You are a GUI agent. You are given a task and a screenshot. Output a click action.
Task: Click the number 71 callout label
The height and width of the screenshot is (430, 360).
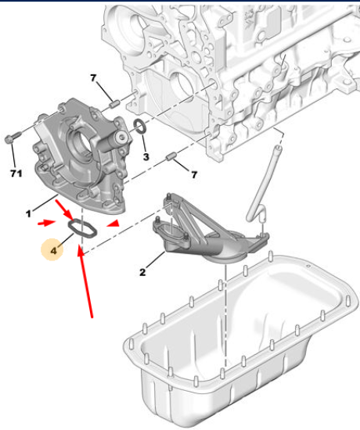(16, 173)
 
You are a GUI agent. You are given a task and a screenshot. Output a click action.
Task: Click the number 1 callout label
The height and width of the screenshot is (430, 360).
(28, 213)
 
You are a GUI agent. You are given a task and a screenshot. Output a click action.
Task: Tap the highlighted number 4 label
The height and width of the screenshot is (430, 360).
(54, 250)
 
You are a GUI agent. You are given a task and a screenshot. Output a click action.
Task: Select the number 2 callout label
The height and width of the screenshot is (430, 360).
(142, 272)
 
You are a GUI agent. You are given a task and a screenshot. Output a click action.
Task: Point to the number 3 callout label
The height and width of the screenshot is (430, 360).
(146, 156)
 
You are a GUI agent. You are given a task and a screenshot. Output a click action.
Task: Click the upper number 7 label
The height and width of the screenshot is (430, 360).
(93, 78)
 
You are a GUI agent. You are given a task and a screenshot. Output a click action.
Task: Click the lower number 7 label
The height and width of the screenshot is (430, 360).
(194, 174)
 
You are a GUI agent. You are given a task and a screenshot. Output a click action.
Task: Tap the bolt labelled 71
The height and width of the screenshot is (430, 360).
(13, 138)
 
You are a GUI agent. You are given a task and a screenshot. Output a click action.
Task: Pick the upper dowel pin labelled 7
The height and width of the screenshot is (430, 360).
(113, 105)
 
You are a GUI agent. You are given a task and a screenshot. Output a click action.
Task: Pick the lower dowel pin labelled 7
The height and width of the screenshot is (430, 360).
(171, 157)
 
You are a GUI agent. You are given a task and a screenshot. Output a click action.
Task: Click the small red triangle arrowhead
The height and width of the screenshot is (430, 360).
(113, 224)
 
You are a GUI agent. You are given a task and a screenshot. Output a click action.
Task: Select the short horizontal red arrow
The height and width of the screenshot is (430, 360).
(46, 223)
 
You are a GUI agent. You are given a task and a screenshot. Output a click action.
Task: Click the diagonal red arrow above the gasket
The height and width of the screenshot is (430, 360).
(65, 210)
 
